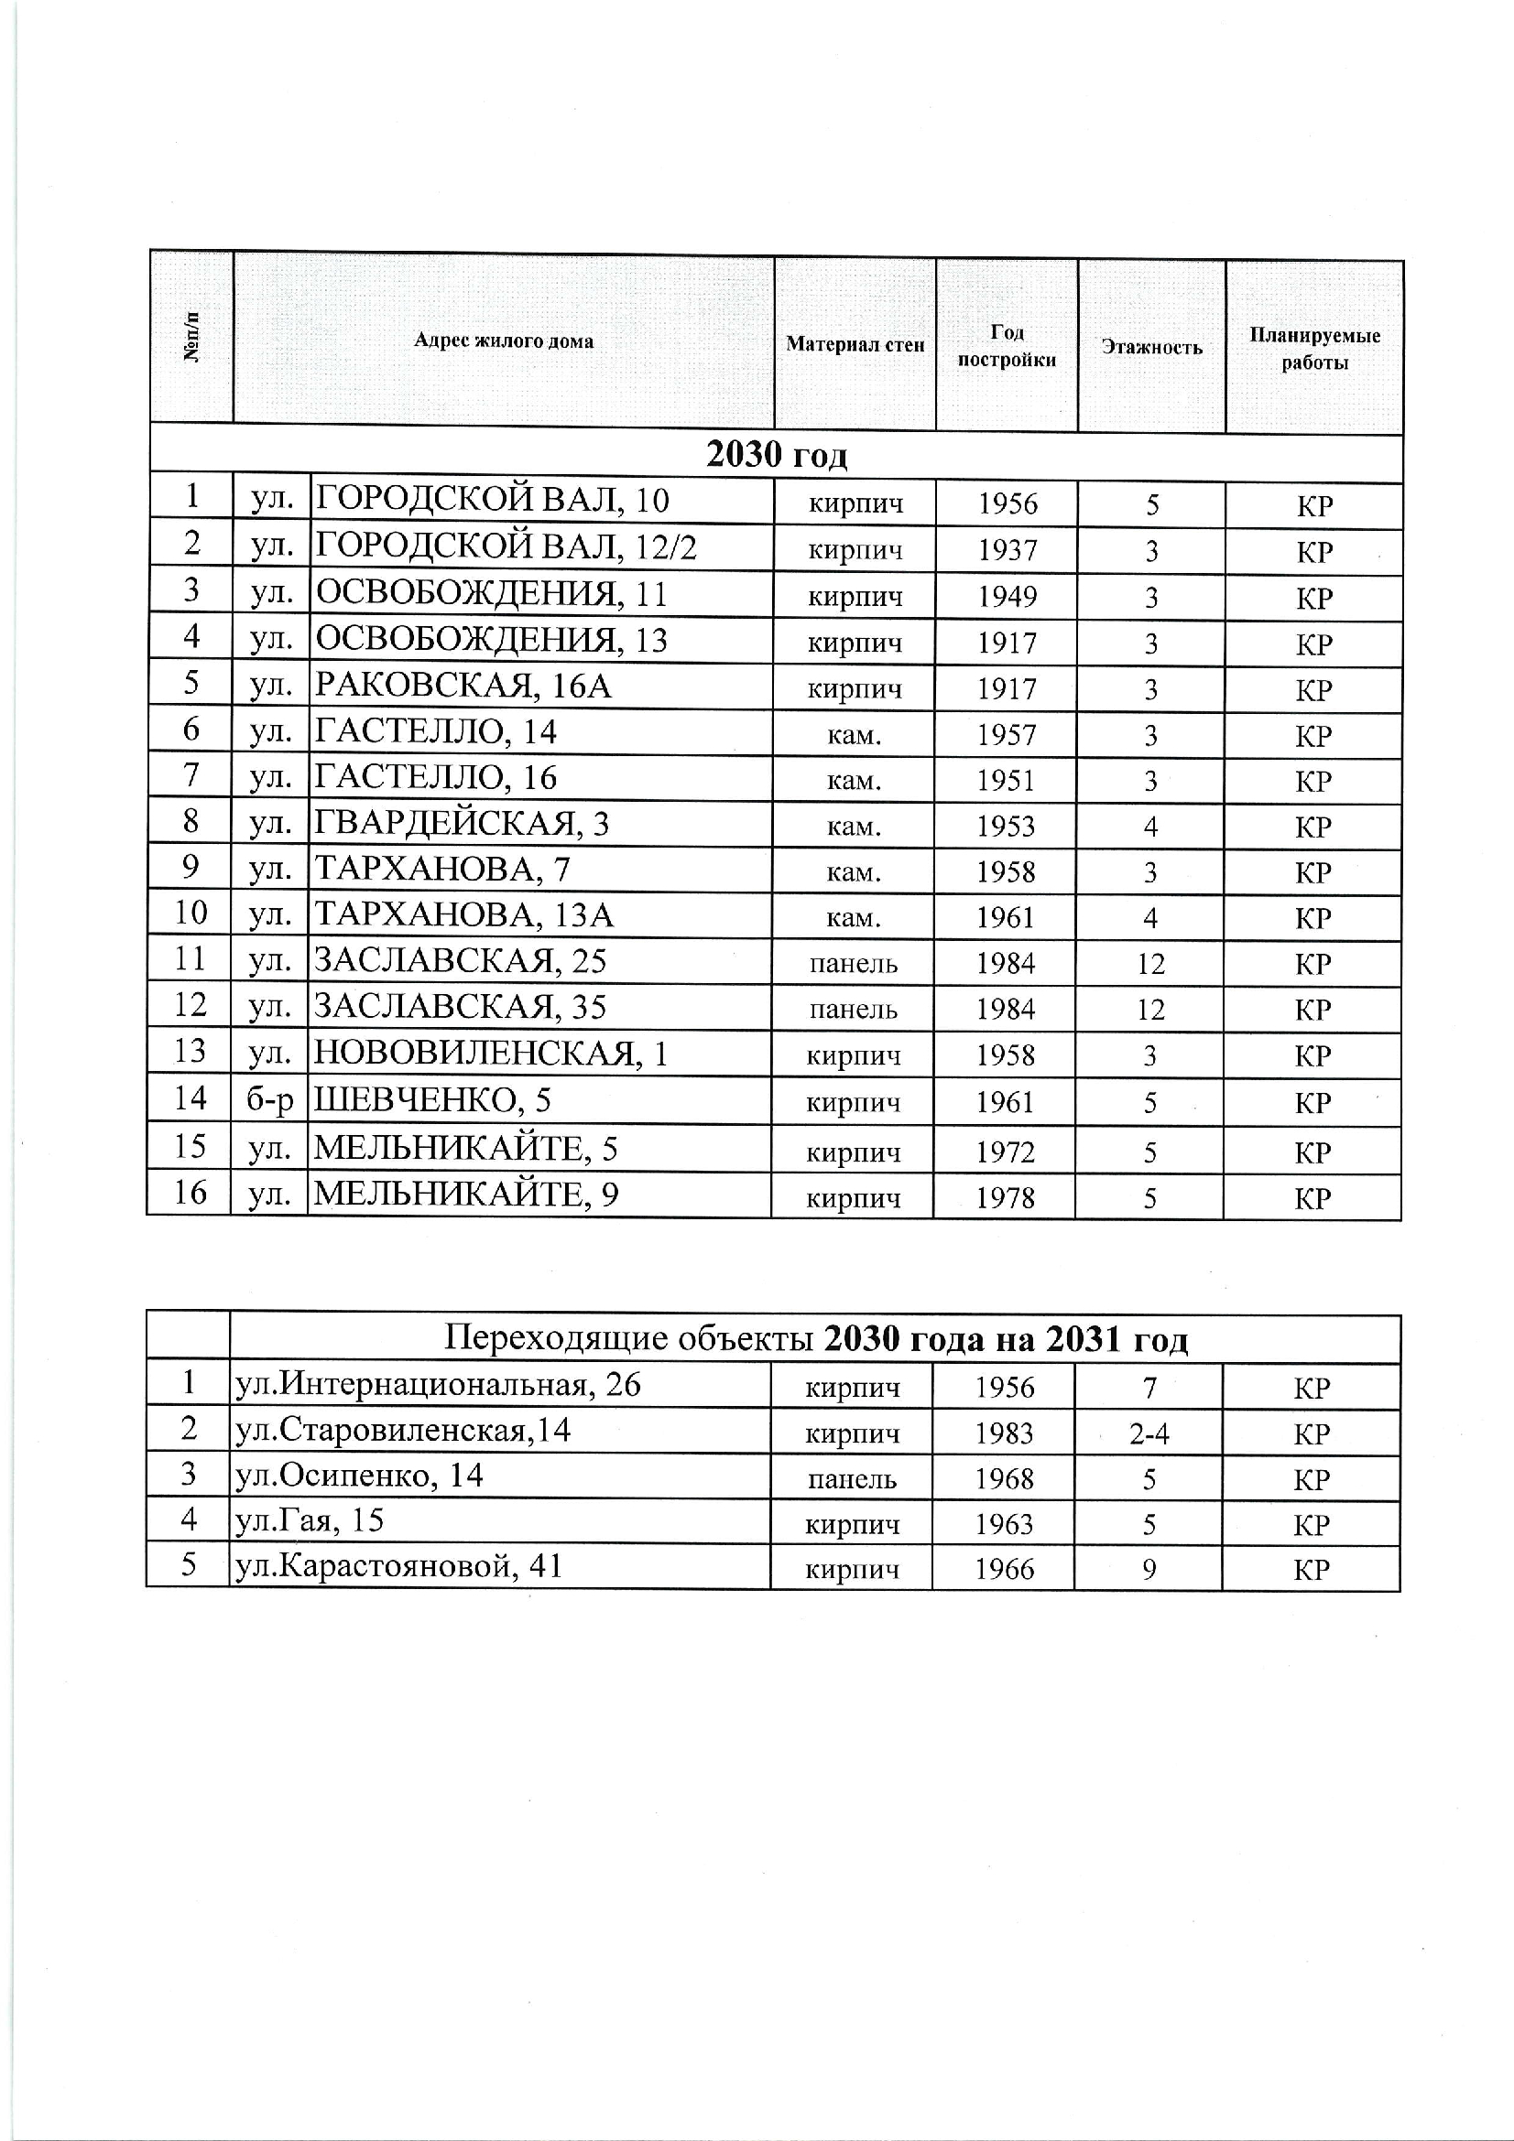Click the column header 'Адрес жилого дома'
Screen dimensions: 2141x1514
(504, 341)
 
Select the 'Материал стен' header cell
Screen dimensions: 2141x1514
(855, 345)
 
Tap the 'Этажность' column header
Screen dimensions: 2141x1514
(1151, 347)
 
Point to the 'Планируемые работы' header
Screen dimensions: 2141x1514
(1313, 349)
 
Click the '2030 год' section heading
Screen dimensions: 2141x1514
(776, 456)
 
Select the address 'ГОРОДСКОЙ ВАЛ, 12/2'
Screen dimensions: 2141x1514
(506, 546)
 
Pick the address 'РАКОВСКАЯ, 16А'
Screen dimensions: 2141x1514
(463, 686)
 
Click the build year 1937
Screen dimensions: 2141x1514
(1007, 550)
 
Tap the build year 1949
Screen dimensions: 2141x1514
(1007, 596)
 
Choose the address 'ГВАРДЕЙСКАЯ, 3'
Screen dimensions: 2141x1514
(462, 824)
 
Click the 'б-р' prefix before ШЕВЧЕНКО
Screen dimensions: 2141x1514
(269, 1100)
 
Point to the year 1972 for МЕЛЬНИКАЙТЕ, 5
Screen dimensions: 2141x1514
(1005, 1152)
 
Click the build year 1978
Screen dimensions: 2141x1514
(1005, 1197)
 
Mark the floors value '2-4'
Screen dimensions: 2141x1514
(1149, 1434)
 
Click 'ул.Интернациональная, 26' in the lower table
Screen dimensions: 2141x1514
(439, 1385)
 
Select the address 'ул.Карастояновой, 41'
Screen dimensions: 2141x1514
(399, 1565)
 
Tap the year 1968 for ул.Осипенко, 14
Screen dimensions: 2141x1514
(1004, 1479)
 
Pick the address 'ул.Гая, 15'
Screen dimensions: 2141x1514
(310, 1521)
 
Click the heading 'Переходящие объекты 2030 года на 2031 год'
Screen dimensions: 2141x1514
(814, 1340)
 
